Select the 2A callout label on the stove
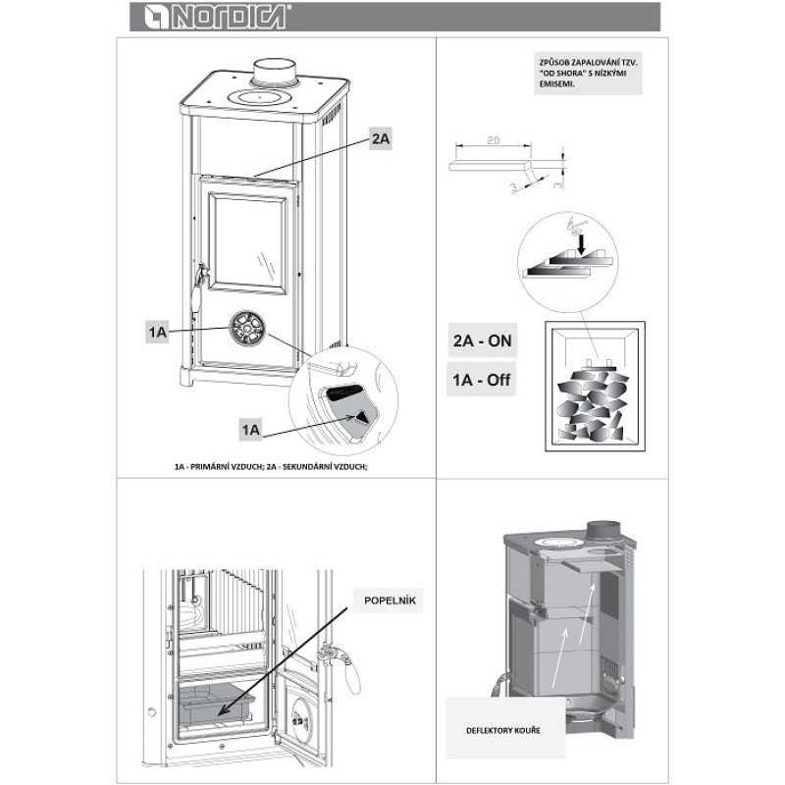pyautogui.click(x=381, y=140)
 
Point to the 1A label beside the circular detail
pyautogui.click(x=251, y=430)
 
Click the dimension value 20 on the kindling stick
pyautogui.click(x=494, y=141)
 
